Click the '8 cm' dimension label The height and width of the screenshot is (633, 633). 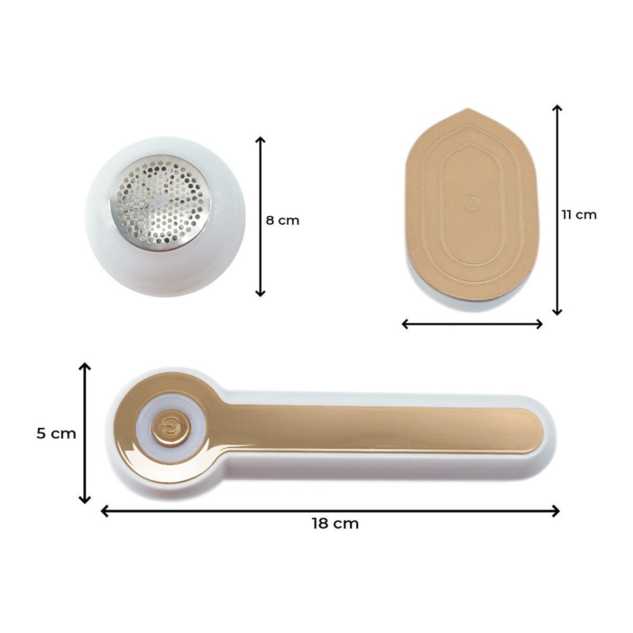283,220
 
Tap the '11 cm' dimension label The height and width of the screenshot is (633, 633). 579,215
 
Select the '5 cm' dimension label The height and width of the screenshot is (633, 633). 56,434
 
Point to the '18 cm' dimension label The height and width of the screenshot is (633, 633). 335,524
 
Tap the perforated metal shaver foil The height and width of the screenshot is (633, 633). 160,203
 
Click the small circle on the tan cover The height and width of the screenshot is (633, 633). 472,203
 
